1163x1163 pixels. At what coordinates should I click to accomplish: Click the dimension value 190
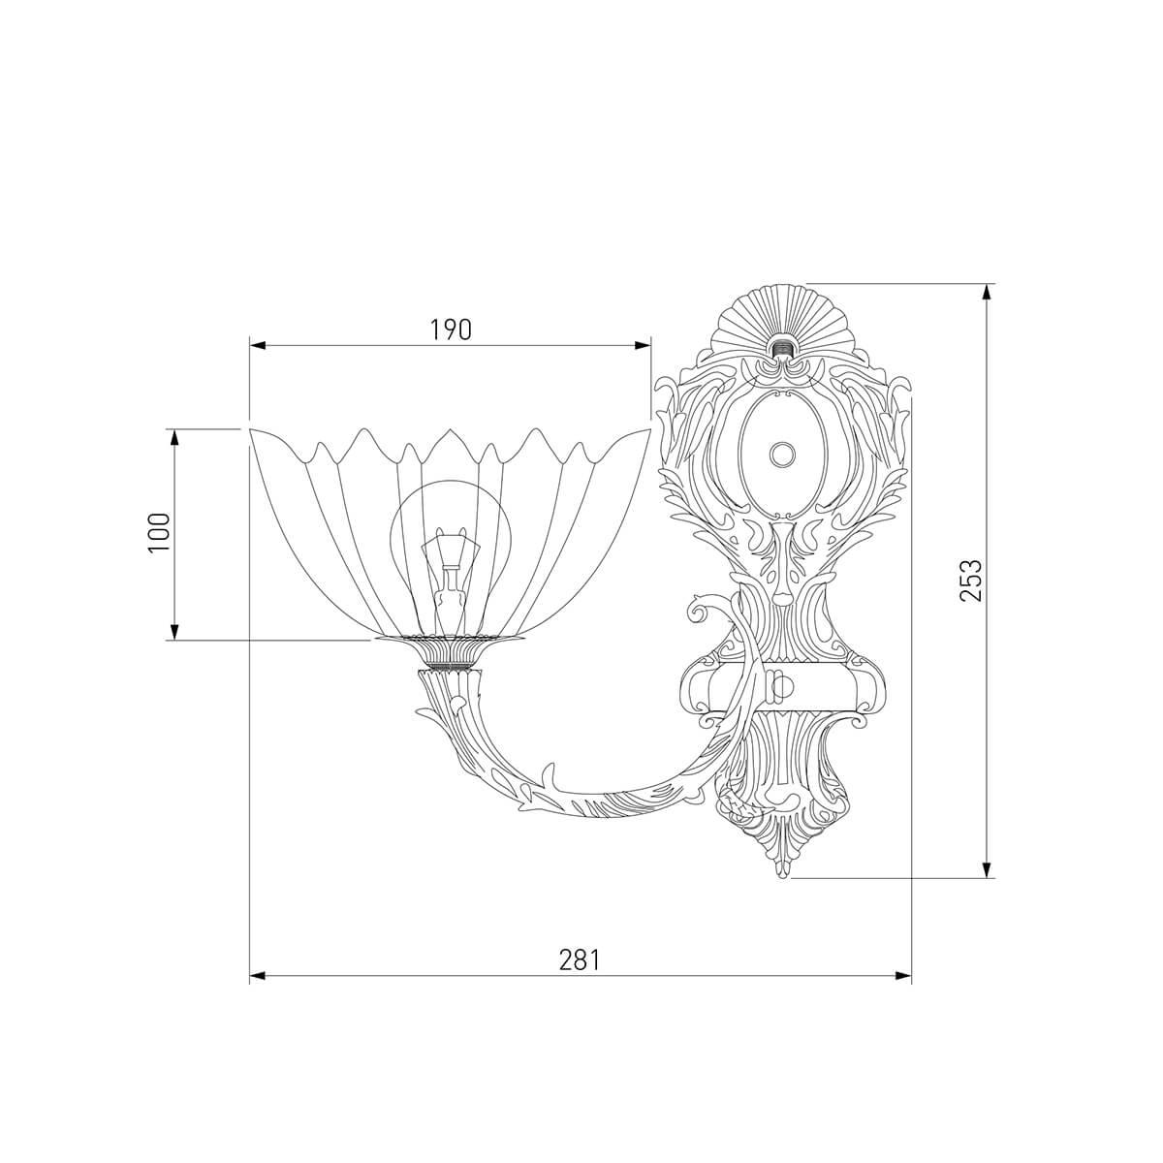[451, 330]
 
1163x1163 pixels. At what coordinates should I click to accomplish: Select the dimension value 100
[159, 533]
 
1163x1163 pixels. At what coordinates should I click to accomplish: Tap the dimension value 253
[971, 581]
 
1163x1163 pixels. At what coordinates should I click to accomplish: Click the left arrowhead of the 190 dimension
[259, 345]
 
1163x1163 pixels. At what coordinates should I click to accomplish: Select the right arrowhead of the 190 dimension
[643, 345]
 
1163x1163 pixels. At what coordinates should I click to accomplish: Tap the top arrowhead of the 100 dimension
[174, 437]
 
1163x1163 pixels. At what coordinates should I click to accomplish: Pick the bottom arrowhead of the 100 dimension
[174, 631]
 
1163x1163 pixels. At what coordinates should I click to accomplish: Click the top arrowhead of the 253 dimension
[987, 293]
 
